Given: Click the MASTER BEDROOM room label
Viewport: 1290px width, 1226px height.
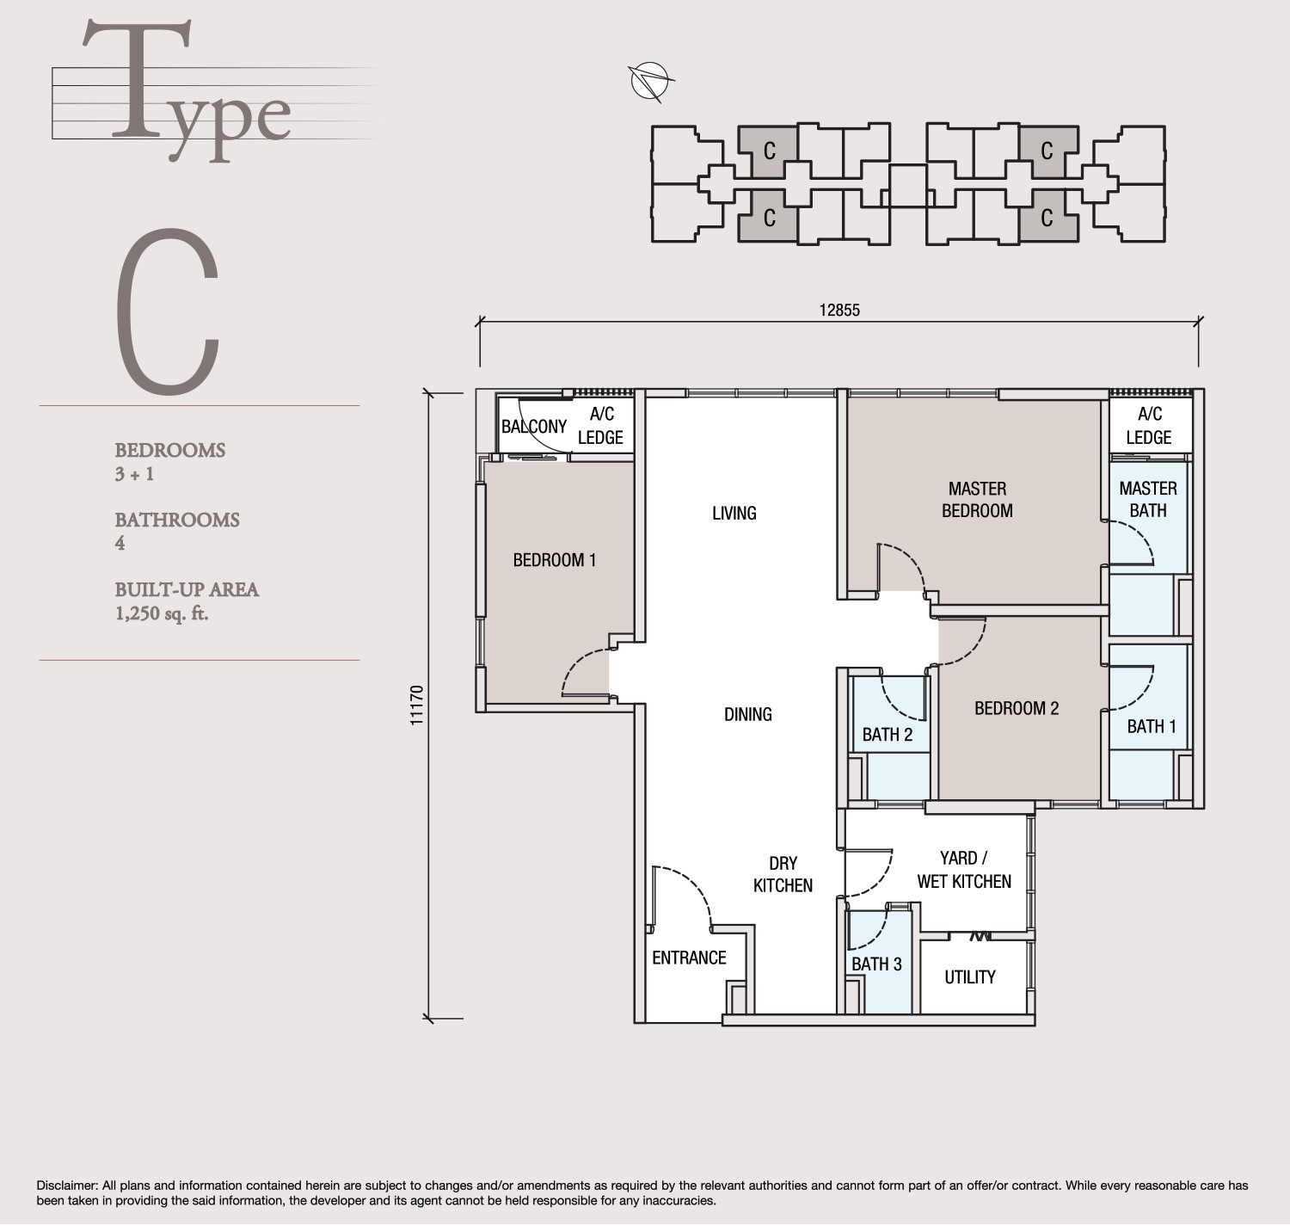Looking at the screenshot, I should pyautogui.click(x=977, y=500).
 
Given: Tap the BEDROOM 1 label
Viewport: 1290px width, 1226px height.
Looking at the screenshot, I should pyautogui.click(x=554, y=560).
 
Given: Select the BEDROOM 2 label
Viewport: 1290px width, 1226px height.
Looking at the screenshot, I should pyautogui.click(x=1016, y=708).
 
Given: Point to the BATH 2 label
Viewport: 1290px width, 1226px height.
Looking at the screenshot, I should pyautogui.click(x=887, y=734).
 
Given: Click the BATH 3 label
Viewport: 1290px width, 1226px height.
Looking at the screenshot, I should pyautogui.click(x=876, y=964).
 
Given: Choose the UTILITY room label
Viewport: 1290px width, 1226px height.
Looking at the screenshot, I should pyautogui.click(x=969, y=976).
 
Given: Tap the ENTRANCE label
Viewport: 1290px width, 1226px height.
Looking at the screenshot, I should pyautogui.click(x=689, y=958).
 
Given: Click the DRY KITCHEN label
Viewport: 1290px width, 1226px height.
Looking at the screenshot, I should pyautogui.click(x=783, y=874).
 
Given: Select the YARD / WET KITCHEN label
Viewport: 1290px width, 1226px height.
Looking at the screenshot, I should pyautogui.click(x=964, y=870).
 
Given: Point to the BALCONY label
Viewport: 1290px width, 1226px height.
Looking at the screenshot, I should pyautogui.click(x=534, y=427).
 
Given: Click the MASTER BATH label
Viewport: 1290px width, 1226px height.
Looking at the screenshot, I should pyautogui.click(x=1148, y=500).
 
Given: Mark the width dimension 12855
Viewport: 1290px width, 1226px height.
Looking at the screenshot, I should pyautogui.click(x=838, y=310).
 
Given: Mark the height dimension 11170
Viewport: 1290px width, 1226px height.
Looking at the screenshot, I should pyautogui.click(x=418, y=705).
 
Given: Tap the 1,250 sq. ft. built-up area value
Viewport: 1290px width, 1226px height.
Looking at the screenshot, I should pyautogui.click(x=162, y=613).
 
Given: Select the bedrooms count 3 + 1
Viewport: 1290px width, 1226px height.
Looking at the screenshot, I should pyautogui.click(x=134, y=473).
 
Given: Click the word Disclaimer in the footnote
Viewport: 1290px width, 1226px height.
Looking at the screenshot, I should pyautogui.click(x=67, y=1186).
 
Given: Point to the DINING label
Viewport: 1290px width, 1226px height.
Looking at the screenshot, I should pyautogui.click(x=747, y=714).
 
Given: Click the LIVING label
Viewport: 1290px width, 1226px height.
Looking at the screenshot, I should pyautogui.click(x=734, y=513).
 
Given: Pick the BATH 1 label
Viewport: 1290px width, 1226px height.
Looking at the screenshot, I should pyautogui.click(x=1151, y=726).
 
